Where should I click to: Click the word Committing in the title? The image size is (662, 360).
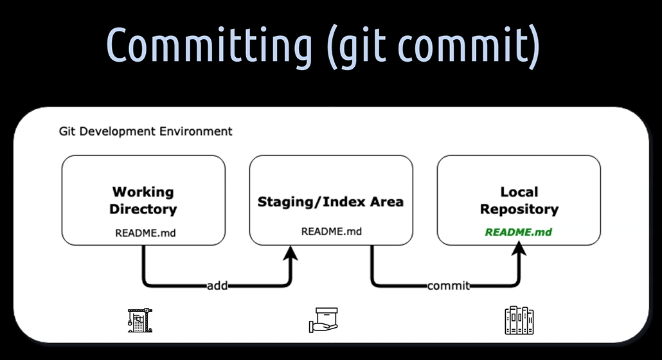click(209, 45)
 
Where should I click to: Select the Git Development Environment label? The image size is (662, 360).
click(145, 131)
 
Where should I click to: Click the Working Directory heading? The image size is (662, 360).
click(143, 201)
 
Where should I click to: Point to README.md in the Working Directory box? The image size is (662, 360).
click(145, 233)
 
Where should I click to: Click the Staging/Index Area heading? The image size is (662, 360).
click(330, 202)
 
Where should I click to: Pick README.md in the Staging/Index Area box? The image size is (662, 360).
click(332, 231)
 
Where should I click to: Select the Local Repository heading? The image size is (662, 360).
click(519, 201)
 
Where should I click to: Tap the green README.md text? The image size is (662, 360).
click(519, 232)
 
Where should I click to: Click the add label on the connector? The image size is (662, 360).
click(217, 286)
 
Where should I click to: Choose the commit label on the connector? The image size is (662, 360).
click(449, 286)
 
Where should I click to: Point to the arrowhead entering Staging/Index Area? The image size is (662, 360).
click(291, 253)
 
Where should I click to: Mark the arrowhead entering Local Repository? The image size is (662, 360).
click(519, 249)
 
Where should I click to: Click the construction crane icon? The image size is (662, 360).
click(140, 320)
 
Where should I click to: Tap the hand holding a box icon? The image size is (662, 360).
click(323, 320)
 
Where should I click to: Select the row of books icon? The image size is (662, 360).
click(519, 320)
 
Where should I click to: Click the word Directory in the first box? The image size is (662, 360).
click(143, 210)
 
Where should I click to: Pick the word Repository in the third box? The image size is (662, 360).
click(519, 210)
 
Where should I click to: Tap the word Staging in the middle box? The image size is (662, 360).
click(286, 202)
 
